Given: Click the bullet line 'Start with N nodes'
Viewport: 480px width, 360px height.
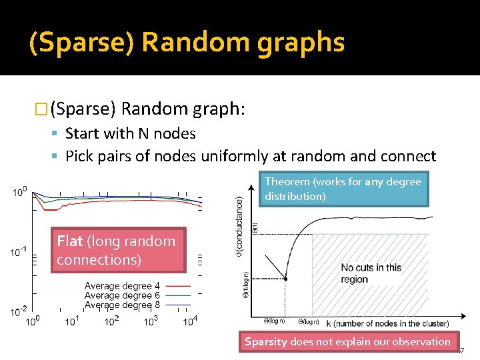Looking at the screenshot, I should pos(130,133).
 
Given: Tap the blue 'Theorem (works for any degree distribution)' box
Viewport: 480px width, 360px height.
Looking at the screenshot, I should pos(343,189).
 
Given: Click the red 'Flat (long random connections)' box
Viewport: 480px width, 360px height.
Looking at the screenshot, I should pos(117,250).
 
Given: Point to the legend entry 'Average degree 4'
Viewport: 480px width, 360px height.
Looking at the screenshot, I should pos(122,286).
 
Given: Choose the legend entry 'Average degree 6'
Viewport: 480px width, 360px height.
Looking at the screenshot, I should pos(122,295).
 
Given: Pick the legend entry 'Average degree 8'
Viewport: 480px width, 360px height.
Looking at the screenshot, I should pos(122,305).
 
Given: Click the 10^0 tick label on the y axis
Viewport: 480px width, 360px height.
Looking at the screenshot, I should pos(19,193).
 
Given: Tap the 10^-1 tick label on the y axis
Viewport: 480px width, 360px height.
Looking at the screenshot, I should pos(19,252).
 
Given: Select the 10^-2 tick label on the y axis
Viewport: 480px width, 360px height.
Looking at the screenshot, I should pos(19,311).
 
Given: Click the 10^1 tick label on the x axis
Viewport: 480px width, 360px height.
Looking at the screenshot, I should pos(72,322).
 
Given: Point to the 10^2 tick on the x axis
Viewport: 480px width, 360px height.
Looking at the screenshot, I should pos(111,322).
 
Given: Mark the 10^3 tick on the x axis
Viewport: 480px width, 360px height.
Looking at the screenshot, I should pos(151,322).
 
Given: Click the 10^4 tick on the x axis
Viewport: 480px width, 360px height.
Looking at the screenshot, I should pos(190,322).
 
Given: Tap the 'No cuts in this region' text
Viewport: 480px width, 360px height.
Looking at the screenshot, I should pos(371,273).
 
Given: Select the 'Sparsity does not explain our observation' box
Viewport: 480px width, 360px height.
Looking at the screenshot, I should pos(347,342).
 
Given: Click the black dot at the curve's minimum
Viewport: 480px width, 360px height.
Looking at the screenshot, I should pos(285,279).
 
